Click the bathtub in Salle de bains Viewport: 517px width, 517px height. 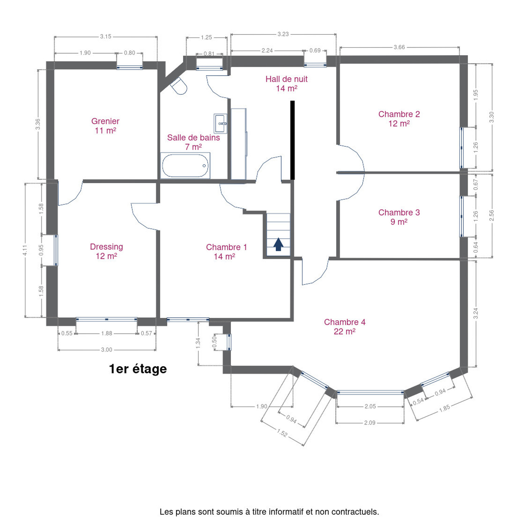185,166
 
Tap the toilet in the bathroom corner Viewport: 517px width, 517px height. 179,86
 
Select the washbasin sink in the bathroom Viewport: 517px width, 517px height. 220,124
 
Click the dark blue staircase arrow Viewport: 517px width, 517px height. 278,244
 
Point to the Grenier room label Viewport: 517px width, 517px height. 105,126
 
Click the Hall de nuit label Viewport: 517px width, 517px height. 287,83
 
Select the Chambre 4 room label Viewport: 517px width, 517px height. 345,326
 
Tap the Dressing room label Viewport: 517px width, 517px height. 107,251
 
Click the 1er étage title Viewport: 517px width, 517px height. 138,369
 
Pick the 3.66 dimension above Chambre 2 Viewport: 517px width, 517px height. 399,47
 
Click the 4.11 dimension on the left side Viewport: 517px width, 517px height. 25,250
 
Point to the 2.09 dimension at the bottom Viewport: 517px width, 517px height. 369,423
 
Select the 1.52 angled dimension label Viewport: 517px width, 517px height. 282,433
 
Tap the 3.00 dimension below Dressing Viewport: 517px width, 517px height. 107,350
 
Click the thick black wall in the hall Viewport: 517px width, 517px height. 293,140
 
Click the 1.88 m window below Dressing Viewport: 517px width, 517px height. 107,319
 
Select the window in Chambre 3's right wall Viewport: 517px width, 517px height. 462,216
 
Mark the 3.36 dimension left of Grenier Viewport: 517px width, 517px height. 38,124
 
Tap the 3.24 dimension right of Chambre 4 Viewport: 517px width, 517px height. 475,313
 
